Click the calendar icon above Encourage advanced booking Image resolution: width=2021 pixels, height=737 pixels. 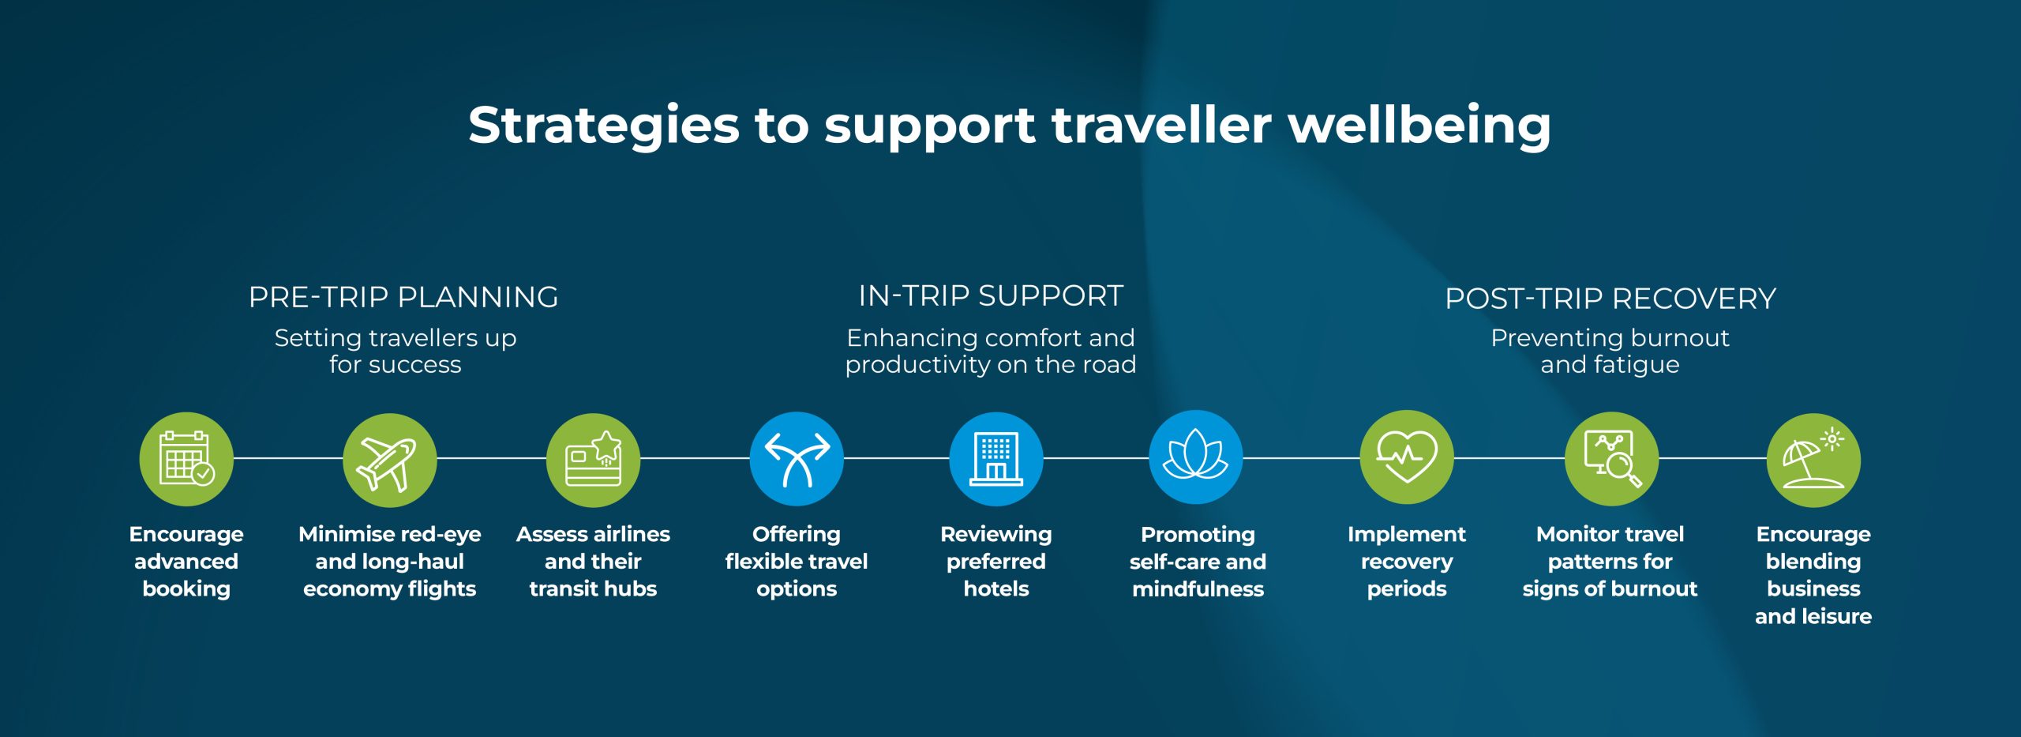[186, 459]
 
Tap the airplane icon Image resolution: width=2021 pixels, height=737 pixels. [389, 460]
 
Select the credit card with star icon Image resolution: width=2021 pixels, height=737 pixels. [593, 460]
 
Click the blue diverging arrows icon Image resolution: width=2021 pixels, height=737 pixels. [797, 458]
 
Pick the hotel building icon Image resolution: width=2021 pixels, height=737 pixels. [996, 459]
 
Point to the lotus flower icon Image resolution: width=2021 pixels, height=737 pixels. [1196, 457]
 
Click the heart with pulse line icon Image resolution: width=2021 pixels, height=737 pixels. [1407, 457]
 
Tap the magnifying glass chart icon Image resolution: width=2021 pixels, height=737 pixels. [1611, 459]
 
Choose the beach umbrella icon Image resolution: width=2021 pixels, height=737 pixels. [1813, 460]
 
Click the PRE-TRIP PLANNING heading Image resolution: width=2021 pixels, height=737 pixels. [403, 297]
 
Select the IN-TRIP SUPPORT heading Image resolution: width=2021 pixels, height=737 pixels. [991, 295]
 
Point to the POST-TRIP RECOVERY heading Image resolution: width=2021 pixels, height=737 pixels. [1610, 299]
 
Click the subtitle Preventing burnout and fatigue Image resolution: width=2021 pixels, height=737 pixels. [1610, 351]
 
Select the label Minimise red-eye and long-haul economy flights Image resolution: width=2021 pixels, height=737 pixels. [389, 562]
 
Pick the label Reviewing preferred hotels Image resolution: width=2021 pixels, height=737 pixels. [996, 562]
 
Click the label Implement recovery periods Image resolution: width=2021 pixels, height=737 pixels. [1407, 562]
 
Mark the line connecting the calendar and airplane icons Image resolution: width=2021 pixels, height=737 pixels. [288, 458]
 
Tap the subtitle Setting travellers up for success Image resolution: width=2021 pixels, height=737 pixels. [396, 351]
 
